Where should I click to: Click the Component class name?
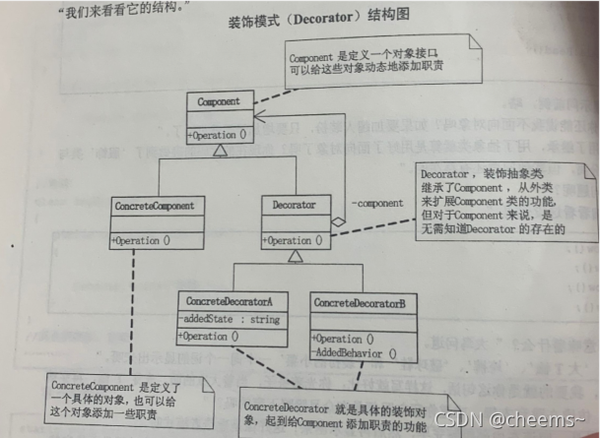tap(221, 100)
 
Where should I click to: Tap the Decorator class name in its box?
tap(294, 205)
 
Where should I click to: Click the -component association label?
tap(377, 204)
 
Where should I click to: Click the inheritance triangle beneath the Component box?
tap(221, 151)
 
